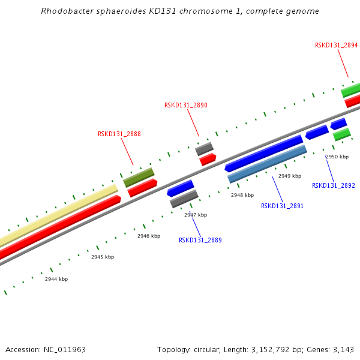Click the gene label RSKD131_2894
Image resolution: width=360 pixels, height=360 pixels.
pos(336,45)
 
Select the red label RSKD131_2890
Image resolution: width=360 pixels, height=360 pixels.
pos(185,105)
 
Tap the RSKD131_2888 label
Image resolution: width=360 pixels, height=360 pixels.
pos(119,134)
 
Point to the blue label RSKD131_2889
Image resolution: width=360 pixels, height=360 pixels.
pos(200,240)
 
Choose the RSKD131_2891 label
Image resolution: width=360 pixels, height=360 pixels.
pos(282,206)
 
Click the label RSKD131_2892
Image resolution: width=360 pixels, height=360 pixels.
pos(333,185)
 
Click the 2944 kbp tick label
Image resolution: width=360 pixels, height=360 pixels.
pos(56,279)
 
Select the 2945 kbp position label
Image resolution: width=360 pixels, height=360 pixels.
pos(103,257)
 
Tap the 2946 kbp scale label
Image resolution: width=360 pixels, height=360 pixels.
pos(149,236)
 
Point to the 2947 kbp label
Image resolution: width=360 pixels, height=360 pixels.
pos(196,215)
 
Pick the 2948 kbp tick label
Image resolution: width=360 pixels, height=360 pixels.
pos(242,195)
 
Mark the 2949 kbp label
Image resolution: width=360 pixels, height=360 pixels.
pos(289,176)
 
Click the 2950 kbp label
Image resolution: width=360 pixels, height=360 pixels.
pos(337,157)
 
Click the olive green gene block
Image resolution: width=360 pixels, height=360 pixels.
pos(139,177)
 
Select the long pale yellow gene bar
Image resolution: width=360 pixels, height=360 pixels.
pos(60,214)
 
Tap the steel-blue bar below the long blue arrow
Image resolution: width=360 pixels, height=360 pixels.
pos(267,164)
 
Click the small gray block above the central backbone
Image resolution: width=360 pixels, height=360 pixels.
pos(204,148)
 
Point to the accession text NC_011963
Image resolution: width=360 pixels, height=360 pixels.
pos(64,349)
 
